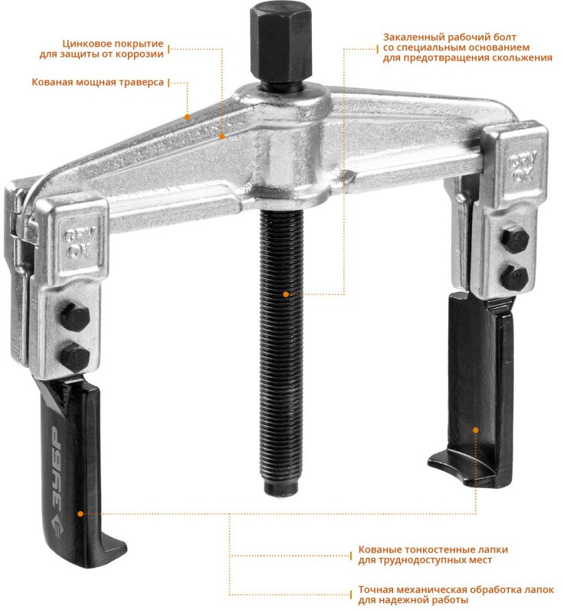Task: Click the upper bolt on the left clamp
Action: [x=75, y=317]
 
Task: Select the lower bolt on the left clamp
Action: [x=75, y=357]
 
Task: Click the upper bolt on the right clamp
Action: [x=515, y=238]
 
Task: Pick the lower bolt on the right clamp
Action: [x=515, y=277]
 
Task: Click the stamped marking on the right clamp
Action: [x=523, y=167]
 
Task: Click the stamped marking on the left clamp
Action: [x=80, y=242]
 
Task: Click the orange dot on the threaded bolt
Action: [x=286, y=294]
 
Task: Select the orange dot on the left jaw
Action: [x=80, y=513]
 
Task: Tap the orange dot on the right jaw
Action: [x=476, y=430]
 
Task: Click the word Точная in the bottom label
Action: [x=375, y=589]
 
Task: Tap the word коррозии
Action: [x=141, y=54]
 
